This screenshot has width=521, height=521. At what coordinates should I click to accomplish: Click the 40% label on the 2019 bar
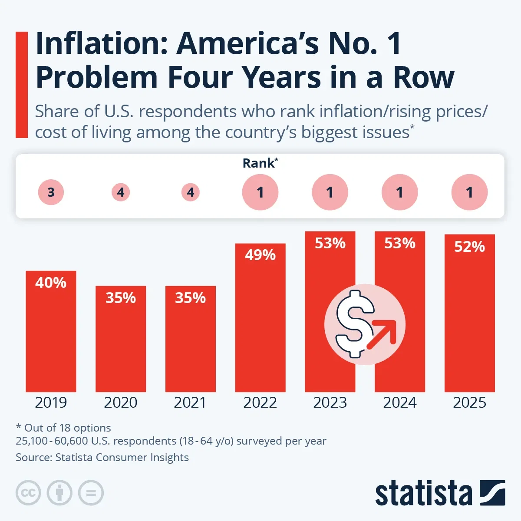tap(51, 283)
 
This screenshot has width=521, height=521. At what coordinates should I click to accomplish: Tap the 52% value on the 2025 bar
tap(469, 247)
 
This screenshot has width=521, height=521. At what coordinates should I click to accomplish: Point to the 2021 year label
tap(190, 402)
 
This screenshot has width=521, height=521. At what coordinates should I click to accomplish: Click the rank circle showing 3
tap(51, 192)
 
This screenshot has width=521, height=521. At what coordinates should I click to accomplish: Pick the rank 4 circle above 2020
tap(121, 192)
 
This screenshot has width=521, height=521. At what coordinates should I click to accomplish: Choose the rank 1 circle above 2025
tap(469, 192)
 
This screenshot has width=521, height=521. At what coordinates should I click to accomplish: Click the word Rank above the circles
tap(259, 163)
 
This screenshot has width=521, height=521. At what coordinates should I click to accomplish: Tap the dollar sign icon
tap(355, 323)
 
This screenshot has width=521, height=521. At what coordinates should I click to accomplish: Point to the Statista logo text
tap(423, 493)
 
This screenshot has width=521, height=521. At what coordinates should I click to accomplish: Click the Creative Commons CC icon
tap(28, 493)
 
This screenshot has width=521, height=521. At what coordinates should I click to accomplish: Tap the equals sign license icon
tap(91, 493)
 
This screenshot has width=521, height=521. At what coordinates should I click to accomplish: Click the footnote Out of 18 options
tap(63, 428)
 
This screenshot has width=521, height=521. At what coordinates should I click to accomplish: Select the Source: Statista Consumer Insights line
tap(102, 457)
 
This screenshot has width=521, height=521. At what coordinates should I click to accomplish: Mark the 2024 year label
tap(399, 402)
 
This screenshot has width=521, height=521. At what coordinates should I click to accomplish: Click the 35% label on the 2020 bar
tap(121, 298)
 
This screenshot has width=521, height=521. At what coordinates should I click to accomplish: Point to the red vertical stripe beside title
tap(21, 85)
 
